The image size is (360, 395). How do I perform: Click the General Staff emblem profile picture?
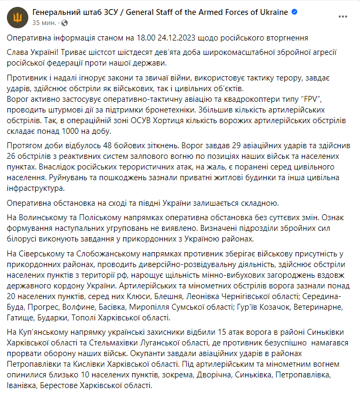(x=17, y=18)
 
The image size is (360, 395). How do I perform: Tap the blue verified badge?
(x=294, y=12)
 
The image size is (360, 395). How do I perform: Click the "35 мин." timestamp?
(x=44, y=23)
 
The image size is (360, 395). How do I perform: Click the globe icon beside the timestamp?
(x=65, y=23)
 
